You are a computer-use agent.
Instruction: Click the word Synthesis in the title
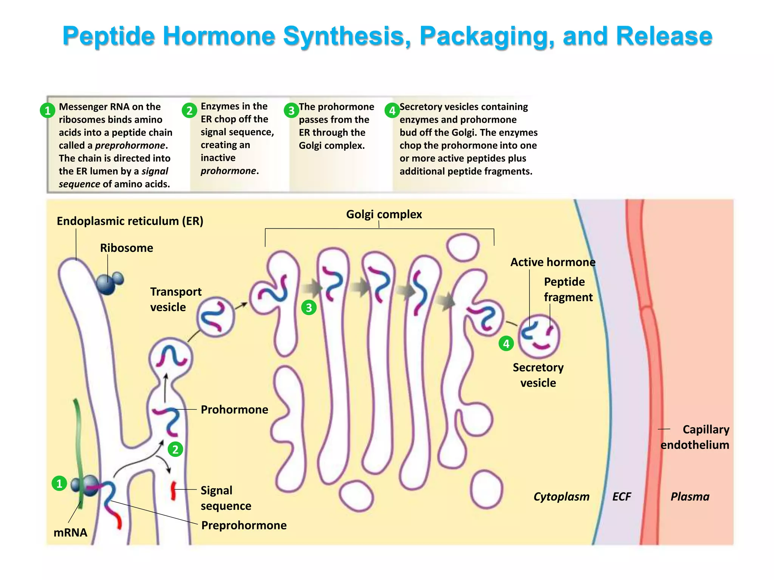[x=347, y=36]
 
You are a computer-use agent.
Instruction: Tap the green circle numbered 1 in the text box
[x=48, y=111]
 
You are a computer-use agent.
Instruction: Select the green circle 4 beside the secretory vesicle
[x=506, y=344]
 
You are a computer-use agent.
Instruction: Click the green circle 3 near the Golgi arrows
[x=309, y=308]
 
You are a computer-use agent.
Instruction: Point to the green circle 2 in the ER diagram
[x=175, y=449]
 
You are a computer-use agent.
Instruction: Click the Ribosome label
[x=127, y=248]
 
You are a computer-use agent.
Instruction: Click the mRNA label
[x=70, y=532]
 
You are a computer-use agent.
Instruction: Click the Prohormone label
[x=234, y=410]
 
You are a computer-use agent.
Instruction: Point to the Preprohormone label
[x=244, y=525]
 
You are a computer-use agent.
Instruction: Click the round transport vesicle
[x=216, y=317]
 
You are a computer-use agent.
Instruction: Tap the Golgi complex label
[x=384, y=214]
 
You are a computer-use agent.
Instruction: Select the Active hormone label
[x=553, y=262]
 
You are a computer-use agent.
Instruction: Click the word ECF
[x=622, y=497]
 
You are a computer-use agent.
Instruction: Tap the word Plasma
[x=690, y=497]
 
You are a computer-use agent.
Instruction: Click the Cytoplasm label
[x=561, y=497]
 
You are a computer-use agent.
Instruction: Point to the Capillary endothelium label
[x=695, y=437]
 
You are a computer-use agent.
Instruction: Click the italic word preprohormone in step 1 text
[x=130, y=145]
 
